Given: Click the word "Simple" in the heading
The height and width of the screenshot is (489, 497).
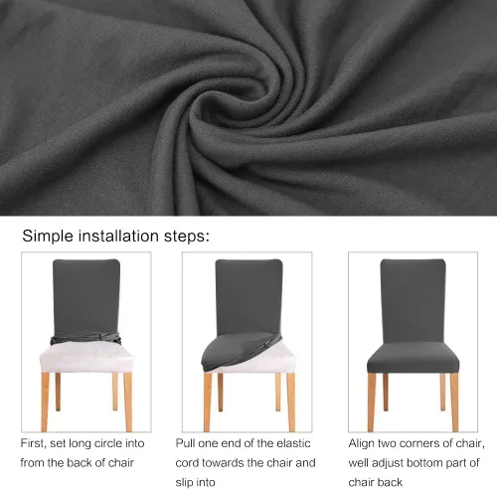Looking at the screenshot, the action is tap(48, 237).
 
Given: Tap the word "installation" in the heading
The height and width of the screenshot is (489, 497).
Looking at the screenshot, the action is tap(118, 236).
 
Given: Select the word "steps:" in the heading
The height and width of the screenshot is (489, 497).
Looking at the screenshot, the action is tap(187, 237).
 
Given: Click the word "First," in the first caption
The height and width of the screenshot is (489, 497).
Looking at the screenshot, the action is tap(33, 443).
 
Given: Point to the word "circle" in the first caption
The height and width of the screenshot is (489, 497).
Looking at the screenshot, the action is tap(105, 443).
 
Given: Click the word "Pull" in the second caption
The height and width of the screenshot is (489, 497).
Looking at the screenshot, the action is tap(186, 443).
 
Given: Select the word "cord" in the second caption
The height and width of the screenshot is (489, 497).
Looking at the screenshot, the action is tap(187, 462).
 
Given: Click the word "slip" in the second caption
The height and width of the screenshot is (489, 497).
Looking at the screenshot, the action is tap(183, 482).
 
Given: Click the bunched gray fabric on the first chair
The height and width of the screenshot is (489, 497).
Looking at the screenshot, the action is tap(85, 339).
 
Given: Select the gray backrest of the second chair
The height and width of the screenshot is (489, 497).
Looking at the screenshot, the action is tap(248, 296).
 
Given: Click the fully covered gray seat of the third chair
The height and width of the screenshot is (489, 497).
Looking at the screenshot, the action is tap(414, 358).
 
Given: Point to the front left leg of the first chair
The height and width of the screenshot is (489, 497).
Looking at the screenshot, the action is tap(45, 402).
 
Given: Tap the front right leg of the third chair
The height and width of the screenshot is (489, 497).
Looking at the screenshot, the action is tap(454, 402).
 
